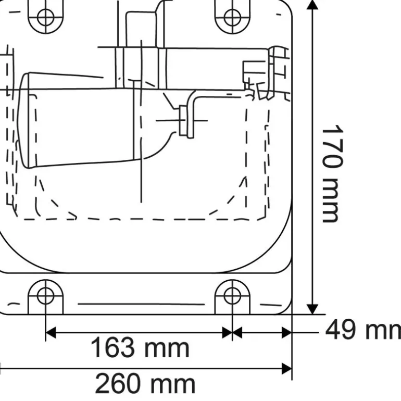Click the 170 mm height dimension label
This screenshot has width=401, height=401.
[332, 173]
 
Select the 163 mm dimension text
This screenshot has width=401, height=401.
[140, 348]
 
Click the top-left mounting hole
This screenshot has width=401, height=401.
[46, 17]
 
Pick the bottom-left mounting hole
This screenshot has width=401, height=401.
[46, 295]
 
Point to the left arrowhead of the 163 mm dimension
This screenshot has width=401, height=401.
[51, 332]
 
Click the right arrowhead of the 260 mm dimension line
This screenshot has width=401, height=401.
[286, 369]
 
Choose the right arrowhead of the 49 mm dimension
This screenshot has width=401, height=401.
[286, 332]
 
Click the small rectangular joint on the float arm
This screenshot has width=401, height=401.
[184, 120]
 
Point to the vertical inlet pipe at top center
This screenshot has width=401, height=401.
[141, 31]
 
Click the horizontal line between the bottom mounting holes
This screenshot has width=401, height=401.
[141, 303]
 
